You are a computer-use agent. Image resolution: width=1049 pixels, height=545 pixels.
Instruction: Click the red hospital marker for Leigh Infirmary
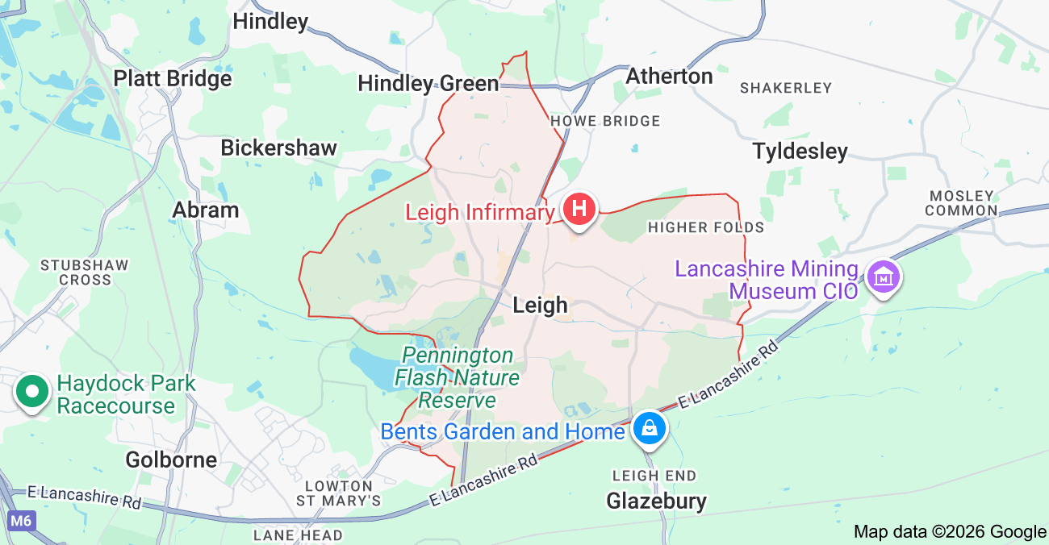pos(579,209)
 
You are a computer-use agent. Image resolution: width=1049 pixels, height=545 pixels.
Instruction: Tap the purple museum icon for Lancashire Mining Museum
pos(884,277)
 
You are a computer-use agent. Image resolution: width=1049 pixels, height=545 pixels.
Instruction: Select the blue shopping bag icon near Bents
pos(649,428)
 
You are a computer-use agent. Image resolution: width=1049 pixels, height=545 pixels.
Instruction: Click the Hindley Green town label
pos(428,83)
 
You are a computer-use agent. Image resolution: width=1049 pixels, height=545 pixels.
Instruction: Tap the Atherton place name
pos(669,77)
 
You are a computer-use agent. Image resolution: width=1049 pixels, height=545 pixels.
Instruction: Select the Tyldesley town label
pos(800,152)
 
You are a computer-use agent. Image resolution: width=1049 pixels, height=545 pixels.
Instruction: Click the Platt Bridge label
pos(173,78)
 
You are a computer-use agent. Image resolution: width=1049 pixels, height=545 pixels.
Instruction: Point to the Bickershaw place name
pos(278,148)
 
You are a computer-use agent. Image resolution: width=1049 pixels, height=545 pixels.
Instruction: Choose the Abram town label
pos(206,210)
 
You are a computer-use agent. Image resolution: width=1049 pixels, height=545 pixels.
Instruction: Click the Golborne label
pos(171,460)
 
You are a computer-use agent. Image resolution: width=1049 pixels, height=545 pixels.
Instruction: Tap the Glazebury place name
pos(656,501)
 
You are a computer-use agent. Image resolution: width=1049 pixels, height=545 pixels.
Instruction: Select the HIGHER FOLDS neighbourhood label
pos(705,227)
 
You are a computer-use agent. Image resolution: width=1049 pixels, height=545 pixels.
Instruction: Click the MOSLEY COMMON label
pos(961,203)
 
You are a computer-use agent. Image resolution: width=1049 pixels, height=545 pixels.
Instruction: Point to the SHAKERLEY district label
pos(785,88)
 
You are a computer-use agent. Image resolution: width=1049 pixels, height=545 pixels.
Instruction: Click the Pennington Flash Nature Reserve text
pos(458,377)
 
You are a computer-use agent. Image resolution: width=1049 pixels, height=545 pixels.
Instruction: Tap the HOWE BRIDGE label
pos(604,121)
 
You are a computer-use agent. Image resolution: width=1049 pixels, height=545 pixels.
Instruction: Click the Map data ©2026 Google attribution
pos(950,531)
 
